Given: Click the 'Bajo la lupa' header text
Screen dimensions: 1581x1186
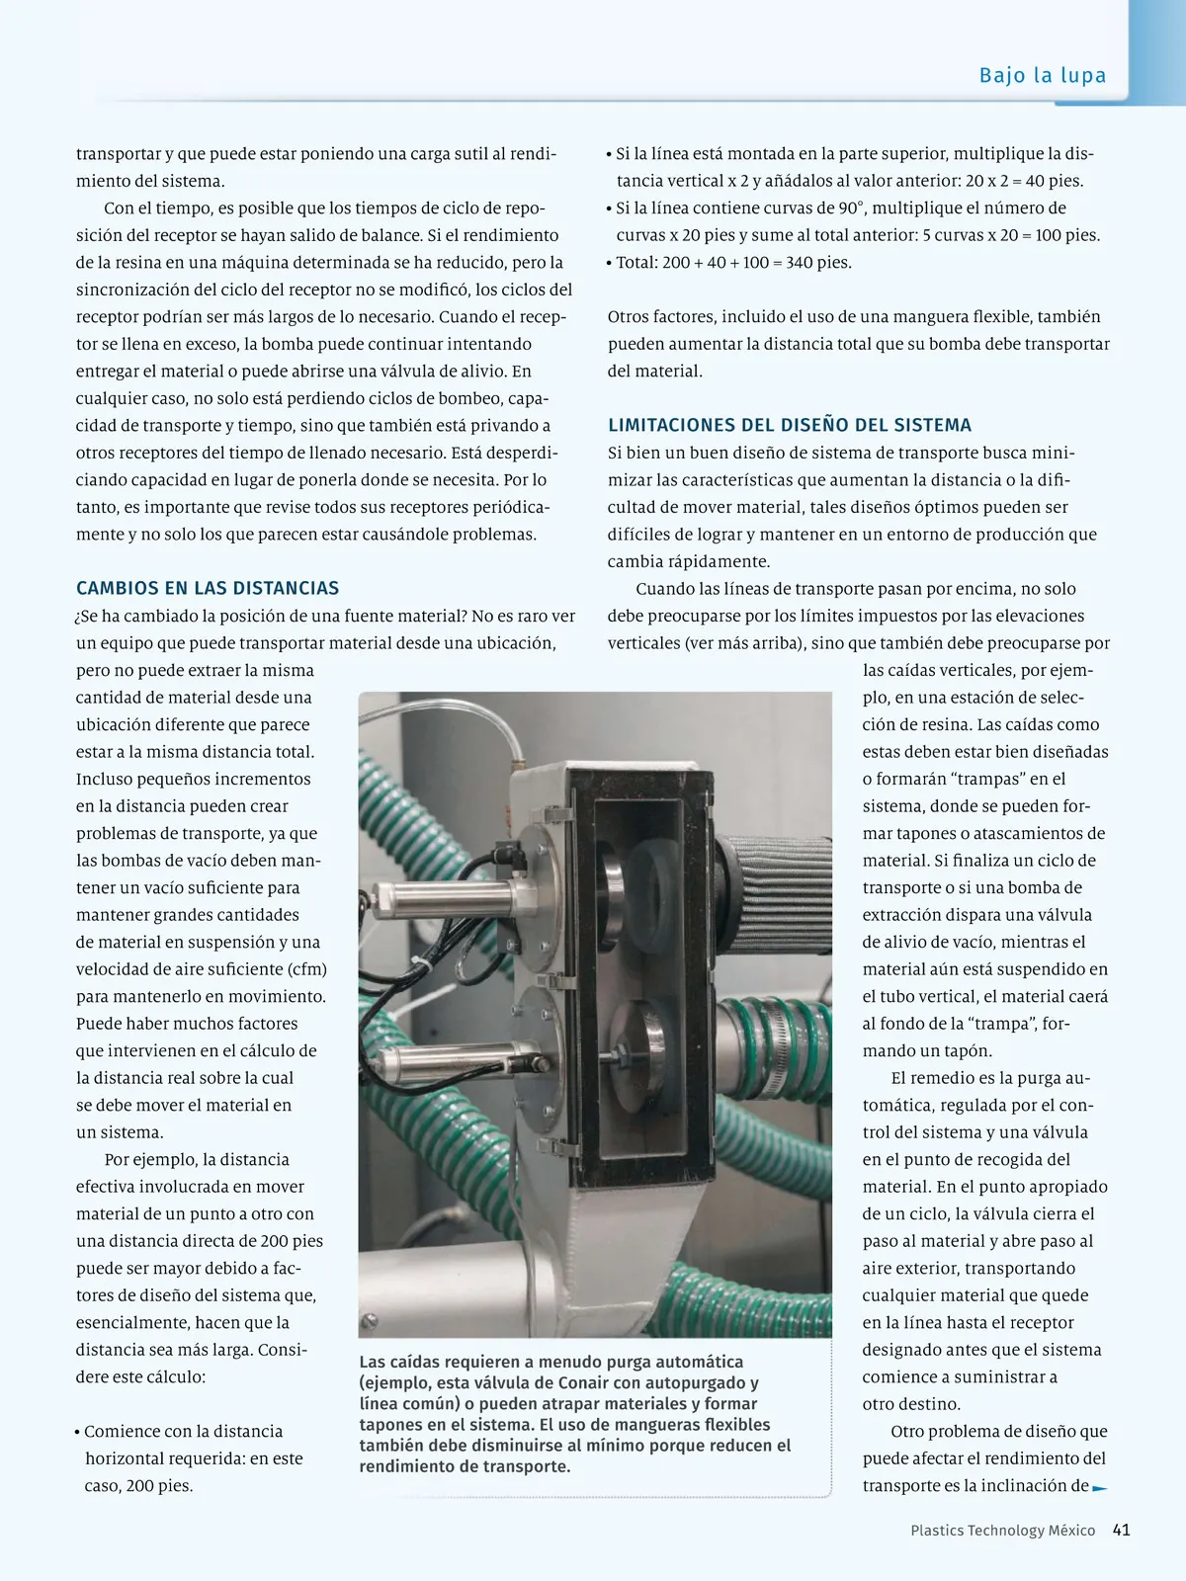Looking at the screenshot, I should (x=1042, y=75).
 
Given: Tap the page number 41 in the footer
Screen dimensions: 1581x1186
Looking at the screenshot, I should (x=1121, y=1530).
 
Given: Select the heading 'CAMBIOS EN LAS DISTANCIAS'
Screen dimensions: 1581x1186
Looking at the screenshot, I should (x=208, y=588).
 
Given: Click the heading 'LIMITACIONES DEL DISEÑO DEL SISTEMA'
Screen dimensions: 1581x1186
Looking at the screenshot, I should (x=790, y=425).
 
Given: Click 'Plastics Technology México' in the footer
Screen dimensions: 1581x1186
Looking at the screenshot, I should (x=1002, y=1531).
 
